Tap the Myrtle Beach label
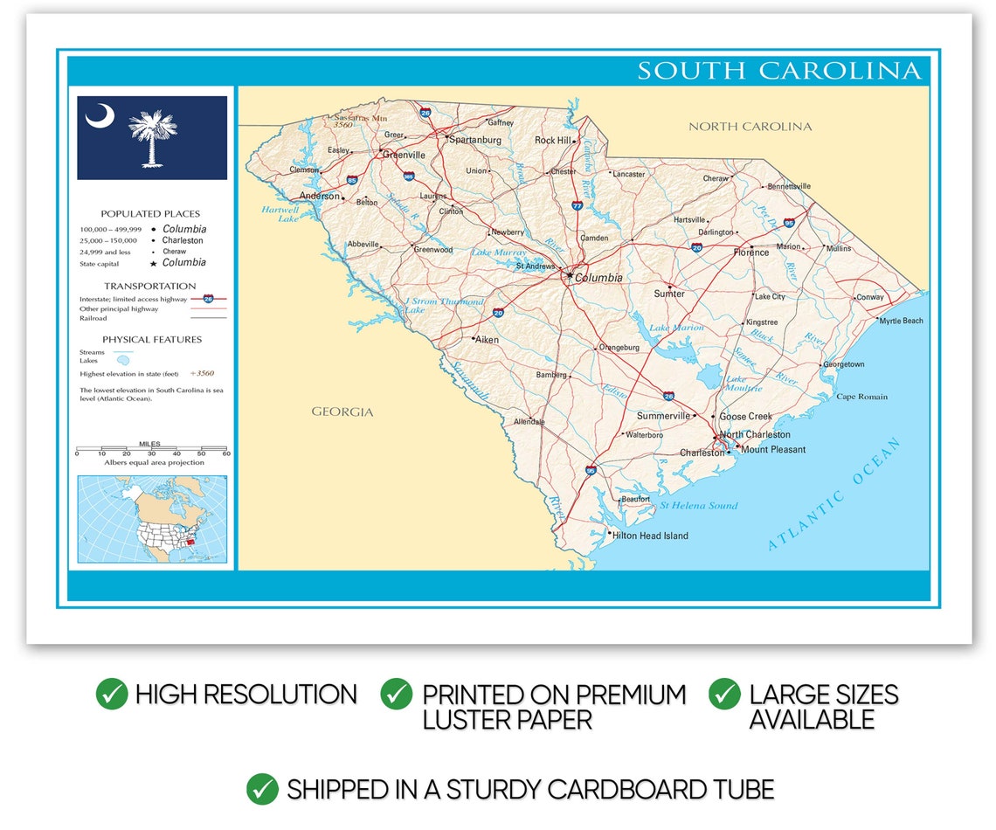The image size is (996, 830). pyautogui.click(x=901, y=321)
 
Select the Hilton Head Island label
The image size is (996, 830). pyautogui.click(x=650, y=536)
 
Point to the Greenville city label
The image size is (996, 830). pyautogui.click(x=404, y=155)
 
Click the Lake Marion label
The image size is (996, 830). pyautogui.click(x=676, y=328)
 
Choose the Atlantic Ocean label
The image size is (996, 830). pyautogui.click(x=834, y=495)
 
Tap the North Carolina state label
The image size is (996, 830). pyautogui.click(x=750, y=127)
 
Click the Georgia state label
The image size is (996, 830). pyautogui.click(x=342, y=412)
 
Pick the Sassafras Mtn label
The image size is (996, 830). pyautogui.click(x=361, y=117)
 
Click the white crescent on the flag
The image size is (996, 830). pyautogui.click(x=100, y=115)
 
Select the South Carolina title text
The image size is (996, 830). pyautogui.click(x=778, y=71)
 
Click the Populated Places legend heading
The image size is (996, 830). pyautogui.click(x=150, y=213)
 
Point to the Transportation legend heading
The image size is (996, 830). pyautogui.click(x=150, y=286)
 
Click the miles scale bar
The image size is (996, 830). pyautogui.click(x=151, y=451)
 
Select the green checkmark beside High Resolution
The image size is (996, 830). pyautogui.click(x=112, y=694)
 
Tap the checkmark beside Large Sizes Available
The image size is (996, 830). pyautogui.click(x=724, y=694)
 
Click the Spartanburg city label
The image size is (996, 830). pyautogui.click(x=475, y=140)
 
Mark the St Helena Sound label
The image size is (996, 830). pyautogui.click(x=698, y=505)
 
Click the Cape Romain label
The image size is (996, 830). pyautogui.click(x=861, y=397)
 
